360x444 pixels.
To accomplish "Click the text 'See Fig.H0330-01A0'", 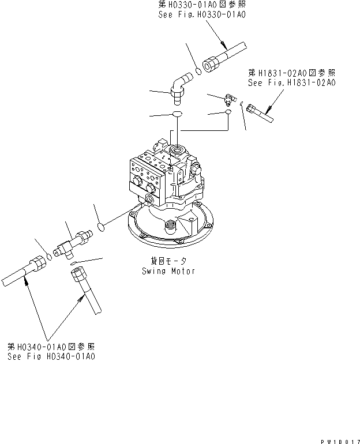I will (x=202, y=14).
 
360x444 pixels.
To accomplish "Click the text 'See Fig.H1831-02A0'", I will (x=292, y=82).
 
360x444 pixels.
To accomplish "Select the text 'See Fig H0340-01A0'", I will (x=51, y=356).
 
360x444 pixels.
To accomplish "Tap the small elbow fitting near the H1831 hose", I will (x=230, y=99).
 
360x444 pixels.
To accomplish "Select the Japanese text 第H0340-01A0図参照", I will (x=51, y=347).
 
